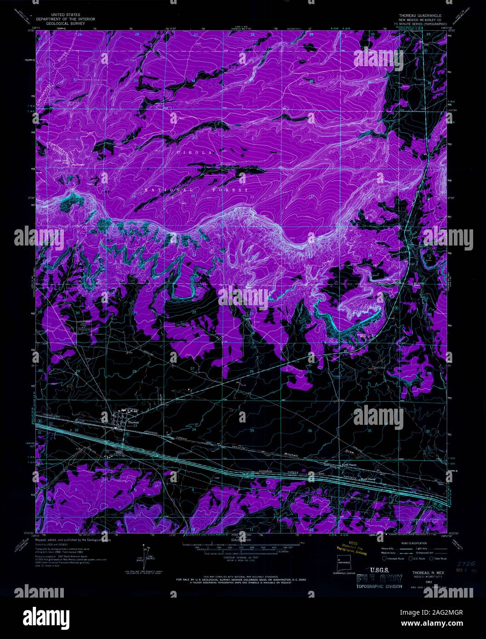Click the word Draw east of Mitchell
[350, 452]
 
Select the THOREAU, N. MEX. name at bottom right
[418, 574]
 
